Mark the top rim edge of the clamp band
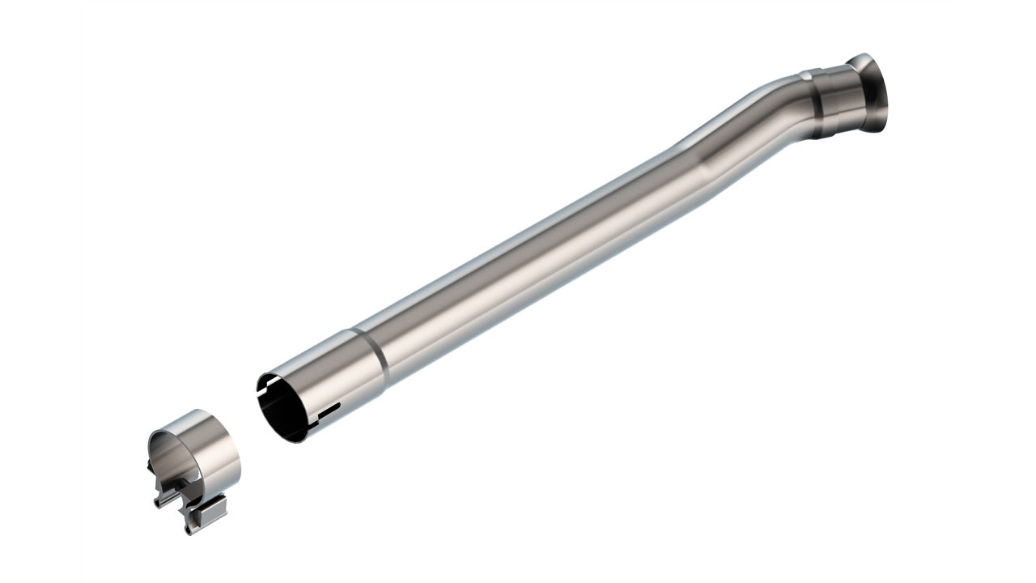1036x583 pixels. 194,413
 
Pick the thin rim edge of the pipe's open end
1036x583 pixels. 261,397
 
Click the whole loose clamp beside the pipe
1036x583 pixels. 194,470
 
